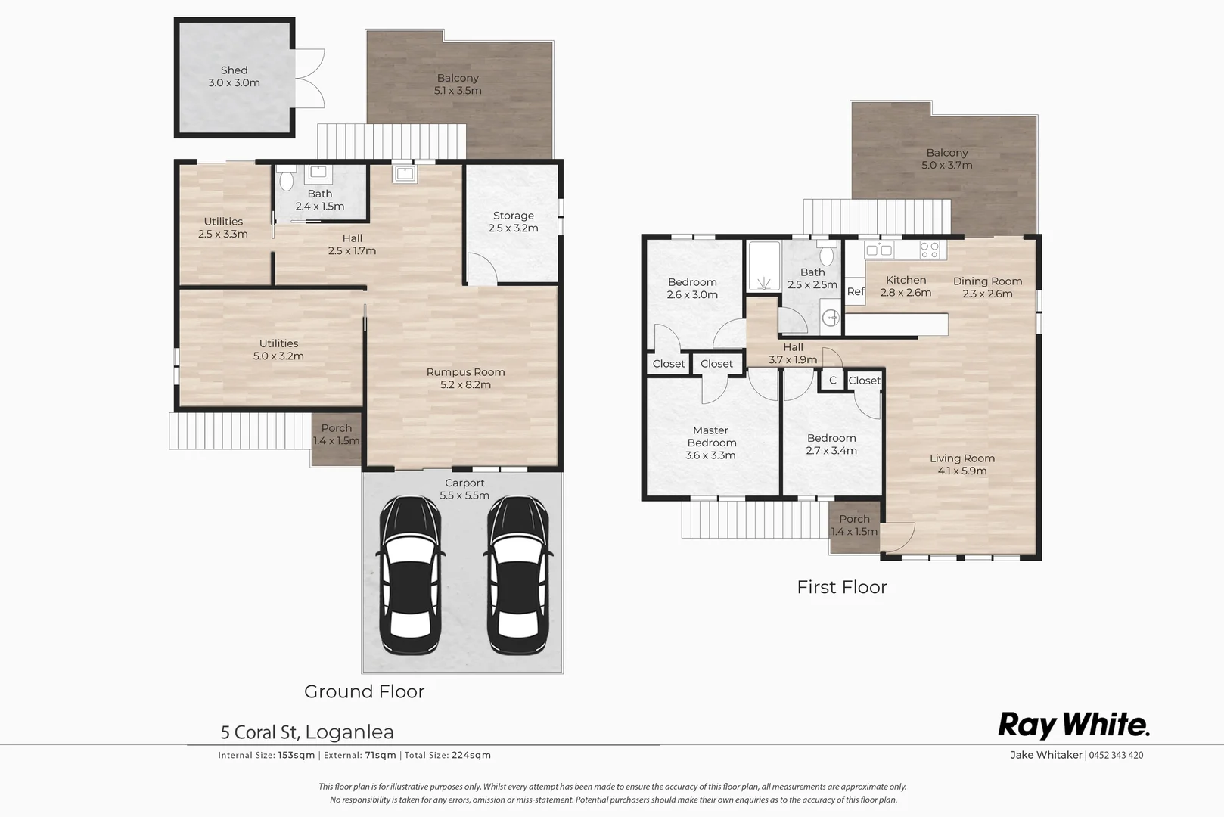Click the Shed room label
(x=234, y=76)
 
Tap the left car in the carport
(x=409, y=575)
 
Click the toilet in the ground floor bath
(x=286, y=181)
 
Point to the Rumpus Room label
(x=465, y=378)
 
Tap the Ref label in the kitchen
(x=856, y=291)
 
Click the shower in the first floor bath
(x=764, y=266)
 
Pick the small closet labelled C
(x=832, y=381)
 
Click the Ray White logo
(x=1073, y=725)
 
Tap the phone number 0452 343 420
(x=1116, y=755)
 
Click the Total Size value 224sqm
(x=471, y=755)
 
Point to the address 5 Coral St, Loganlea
(x=307, y=732)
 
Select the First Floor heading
(x=841, y=587)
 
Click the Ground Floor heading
(x=364, y=691)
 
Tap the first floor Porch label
(x=854, y=525)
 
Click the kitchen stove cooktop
(x=929, y=249)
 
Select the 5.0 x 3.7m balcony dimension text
(x=946, y=165)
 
